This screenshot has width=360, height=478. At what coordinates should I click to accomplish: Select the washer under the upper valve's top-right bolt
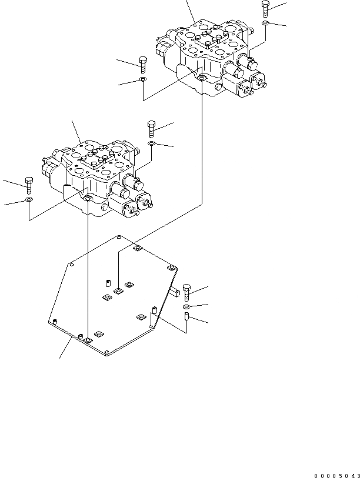pyautogui.click(x=266, y=24)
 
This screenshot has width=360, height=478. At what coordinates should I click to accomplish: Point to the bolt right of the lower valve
pyautogui.click(x=152, y=129)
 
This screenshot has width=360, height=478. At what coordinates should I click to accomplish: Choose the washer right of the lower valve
pyautogui.click(x=152, y=143)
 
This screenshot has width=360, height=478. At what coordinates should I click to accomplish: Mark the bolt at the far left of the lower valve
pyautogui.click(x=29, y=185)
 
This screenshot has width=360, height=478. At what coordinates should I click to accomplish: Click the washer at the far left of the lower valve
pyautogui.click(x=29, y=200)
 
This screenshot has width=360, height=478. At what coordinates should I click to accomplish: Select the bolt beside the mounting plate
pyautogui.click(x=186, y=292)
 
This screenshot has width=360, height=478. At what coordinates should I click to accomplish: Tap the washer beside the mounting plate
pyautogui.click(x=186, y=307)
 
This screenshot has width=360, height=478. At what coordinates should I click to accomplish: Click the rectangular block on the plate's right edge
pyautogui.click(x=174, y=289)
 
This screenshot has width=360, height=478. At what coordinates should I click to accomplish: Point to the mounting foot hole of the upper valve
pyautogui.click(x=202, y=78)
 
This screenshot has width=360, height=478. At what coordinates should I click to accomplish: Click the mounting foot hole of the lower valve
pyautogui.click(x=88, y=199)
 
